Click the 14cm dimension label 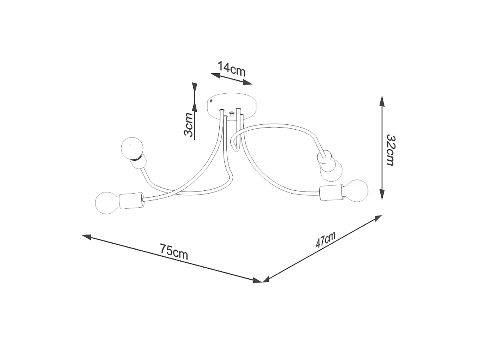[x=232, y=69]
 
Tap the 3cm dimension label [x=188, y=125]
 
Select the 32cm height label [x=391, y=150]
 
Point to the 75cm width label [x=174, y=252]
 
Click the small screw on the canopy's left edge [x=211, y=101]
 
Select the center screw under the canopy [x=231, y=114]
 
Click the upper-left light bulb [x=132, y=148]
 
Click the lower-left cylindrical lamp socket [x=132, y=201]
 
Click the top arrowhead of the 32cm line [x=382, y=102]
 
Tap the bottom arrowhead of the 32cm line [x=382, y=194]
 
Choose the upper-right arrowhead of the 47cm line [x=377, y=218]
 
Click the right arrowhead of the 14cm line [x=248, y=82]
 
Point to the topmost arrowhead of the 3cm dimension [x=194, y=88]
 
